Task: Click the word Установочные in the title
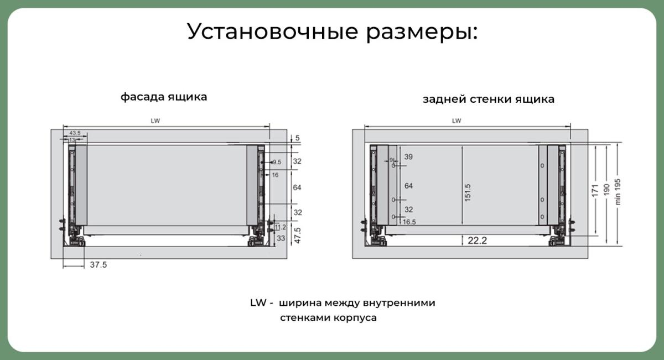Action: (273, 31)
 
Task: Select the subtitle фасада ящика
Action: (164, 97)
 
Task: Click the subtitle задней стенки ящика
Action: (489, 99)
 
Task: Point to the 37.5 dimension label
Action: (98, 264)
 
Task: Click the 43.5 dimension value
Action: (75, 133)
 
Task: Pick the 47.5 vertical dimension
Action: (298, 235)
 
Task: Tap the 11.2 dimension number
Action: (280, 227)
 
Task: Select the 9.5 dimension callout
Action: (277, 162)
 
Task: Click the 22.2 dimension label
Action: (477, 241)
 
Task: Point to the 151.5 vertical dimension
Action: (468, 192)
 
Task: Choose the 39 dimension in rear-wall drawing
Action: (408, 156)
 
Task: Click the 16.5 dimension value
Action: (409, 222)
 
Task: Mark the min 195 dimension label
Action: (618, 192)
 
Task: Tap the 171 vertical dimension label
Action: (595, 190)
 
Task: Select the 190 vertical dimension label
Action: (606, 190)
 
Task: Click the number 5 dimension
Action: (297, 138)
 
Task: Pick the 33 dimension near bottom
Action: (281, 238)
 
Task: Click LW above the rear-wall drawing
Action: (456, 121)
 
